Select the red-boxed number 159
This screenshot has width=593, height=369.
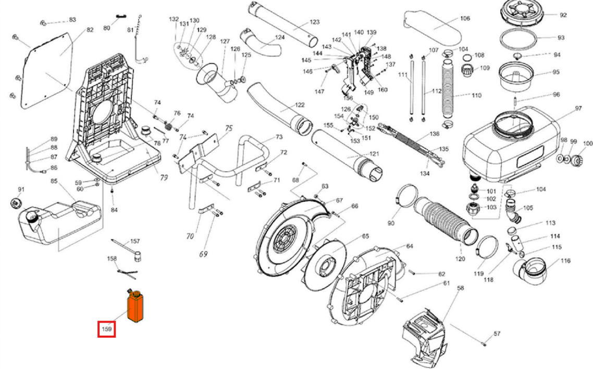[107, 329]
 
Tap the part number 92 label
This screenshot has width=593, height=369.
[563, 15]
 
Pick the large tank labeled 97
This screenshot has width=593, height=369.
[511, 144]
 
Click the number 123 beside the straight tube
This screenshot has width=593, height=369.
[314, 22]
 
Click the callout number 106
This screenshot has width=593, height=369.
[465, 19]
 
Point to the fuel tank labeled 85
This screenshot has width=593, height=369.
[60, 222]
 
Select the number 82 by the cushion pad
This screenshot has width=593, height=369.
[90, 30]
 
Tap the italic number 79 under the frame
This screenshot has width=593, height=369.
[164, 177]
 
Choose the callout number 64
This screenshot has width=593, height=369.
[410, 246]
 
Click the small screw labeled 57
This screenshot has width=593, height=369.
[485, 342]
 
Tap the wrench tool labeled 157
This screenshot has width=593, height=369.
[128, 248]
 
